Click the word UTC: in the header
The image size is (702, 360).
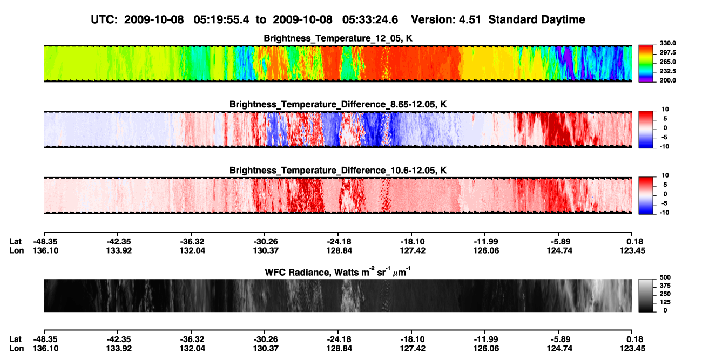104,20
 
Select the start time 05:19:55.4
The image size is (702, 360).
221,20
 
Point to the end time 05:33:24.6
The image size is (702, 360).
370,20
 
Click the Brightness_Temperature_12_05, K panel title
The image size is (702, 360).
338,38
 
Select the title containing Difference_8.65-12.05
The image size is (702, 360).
338,104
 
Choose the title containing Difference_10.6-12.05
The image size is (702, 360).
338,171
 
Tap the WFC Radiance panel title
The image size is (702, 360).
338,272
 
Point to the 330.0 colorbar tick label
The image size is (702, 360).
667,43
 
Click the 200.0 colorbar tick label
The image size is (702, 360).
667,80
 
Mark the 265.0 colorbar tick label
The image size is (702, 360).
667,62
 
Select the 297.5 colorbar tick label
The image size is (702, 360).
667,53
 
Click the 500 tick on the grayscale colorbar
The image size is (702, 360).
665,277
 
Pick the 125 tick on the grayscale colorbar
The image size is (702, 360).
665,302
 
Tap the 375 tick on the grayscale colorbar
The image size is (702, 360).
665,286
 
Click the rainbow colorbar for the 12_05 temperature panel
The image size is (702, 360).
646,64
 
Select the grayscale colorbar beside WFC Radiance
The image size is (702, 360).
646,295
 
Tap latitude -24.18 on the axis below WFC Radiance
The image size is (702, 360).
339,339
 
